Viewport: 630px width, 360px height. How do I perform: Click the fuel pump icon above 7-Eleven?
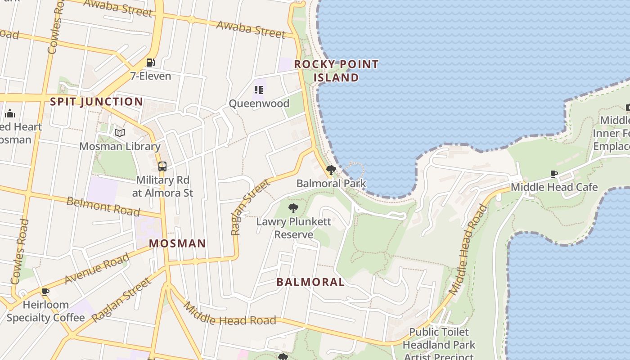pyautogui.click(x=150, y=63)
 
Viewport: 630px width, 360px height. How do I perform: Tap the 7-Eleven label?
pyautogui.click(x=151, y=76)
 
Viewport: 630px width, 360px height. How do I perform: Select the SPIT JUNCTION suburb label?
pyautogui.click(x=96, y=102)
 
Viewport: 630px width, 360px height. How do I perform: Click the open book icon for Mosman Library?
pyautogui.click(x=119, y=133)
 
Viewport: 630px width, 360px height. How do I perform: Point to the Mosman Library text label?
pyautogui.click(x=120, y=146)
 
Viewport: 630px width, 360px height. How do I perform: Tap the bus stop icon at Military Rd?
pyautogui.click(x=162, y=166)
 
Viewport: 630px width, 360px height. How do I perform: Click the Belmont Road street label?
pyautogui.click(x=103, y=206)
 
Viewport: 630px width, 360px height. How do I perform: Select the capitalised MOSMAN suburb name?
pyautogui.click(x=177, y=243)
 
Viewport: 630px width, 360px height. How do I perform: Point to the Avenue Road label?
pyautogui.click(x=97, y=269)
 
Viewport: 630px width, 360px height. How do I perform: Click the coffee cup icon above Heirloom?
pyautogui.click(x=45, y=292)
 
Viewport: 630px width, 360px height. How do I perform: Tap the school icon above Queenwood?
pyautogui.click(x=258, y=90)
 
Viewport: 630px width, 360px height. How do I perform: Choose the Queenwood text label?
pyautogui.click(x=259, y=103)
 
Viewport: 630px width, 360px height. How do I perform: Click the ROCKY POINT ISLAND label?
pyautogui.click(x=336, y=71)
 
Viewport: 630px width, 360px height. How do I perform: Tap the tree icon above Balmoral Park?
pyautogui.click(x=331, y=170)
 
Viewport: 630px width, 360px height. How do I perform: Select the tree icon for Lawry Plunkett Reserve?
pyautogui.click(x=293, y=208)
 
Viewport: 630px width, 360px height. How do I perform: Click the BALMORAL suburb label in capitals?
pyautogui.click(x=310, y=282)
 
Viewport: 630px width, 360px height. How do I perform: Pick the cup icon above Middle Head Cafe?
pyautogui.click(x=554, y=174)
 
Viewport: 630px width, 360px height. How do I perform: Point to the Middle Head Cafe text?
pyautogui.click(x=554, y=187)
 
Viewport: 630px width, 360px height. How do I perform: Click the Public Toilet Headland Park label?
pyautogui.click(x=439, y=339)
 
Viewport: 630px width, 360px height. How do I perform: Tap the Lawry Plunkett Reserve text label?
pyautogui.click(x=293, y=228)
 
